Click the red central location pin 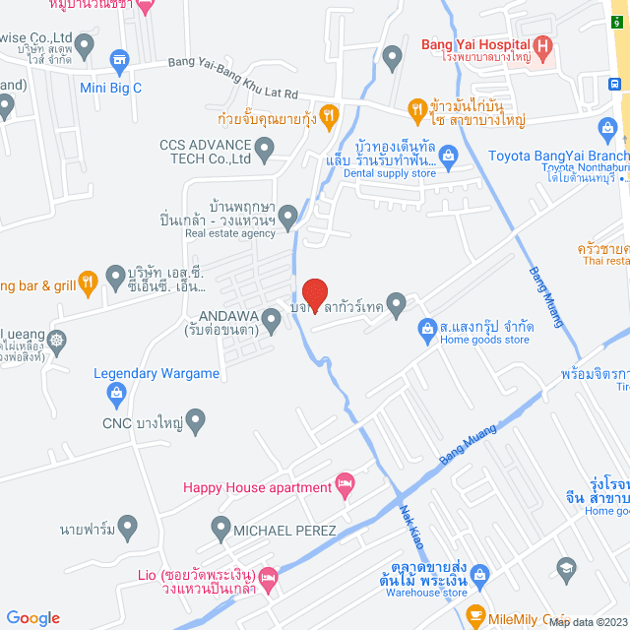point(314,293)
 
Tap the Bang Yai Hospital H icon point(542,45)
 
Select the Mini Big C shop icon point(120,61)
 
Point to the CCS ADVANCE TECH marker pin point(264,151)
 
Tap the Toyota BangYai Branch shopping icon point(607,129)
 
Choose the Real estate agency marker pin point(287,215)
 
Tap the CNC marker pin point(195,424)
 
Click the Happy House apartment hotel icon point(344,485)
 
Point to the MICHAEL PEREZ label point(284,531)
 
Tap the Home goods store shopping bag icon point(426,326)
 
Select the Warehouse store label point(426,593)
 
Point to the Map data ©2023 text point(588,622)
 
